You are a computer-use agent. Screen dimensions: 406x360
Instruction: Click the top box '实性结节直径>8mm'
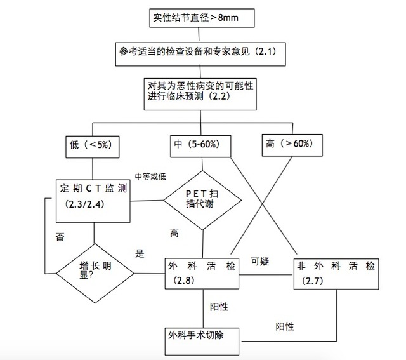[x=202, y=18]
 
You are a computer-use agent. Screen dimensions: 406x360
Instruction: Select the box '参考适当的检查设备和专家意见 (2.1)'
[x=200, y=54]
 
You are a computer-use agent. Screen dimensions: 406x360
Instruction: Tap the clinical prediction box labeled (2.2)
[x=200, y=94]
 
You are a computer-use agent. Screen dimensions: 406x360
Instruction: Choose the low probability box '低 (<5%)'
[x=93, y=147]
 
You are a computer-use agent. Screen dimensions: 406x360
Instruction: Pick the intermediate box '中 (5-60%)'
[x=200, y=146]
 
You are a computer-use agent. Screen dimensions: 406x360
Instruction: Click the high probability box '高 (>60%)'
[x=292, y=145]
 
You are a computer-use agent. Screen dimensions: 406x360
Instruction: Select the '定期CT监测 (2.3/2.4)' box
[x=93, y=201]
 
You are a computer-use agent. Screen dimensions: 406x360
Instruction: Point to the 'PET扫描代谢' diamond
[x=202, y=201]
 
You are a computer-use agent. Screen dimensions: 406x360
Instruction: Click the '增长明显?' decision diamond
[x=95, y=273]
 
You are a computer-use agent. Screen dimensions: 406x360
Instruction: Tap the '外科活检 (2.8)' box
[x=202, y=274]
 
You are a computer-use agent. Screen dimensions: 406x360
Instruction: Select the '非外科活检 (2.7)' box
[x=336, y=274]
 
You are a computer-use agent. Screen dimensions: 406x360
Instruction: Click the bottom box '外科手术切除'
[x=202, y=342]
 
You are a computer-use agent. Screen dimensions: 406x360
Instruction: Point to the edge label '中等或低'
[x=150, y=177]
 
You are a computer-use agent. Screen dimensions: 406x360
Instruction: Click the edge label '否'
[x=60, y=237]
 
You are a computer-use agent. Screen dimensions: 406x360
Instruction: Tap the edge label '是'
[x=140, y=253]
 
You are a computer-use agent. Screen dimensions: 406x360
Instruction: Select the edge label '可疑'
[x=260, y=261]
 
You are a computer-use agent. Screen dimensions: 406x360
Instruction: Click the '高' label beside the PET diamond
[x=174, y=234]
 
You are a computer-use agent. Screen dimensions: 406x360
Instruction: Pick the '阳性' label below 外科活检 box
[x=219, y=307]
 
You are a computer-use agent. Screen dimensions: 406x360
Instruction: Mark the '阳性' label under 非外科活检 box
[x=285, y=326]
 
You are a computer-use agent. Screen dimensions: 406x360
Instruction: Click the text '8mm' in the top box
[x=228, y=18]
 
